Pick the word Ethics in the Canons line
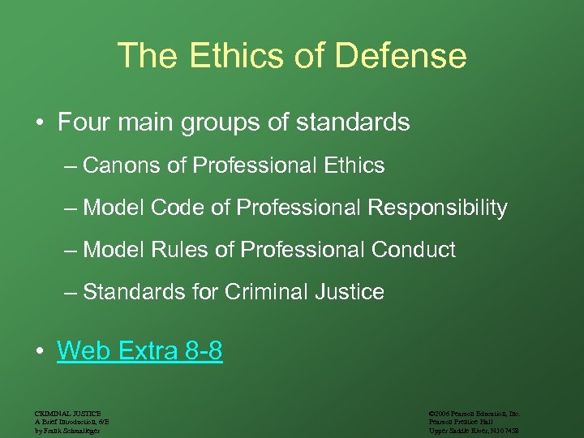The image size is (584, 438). (x=351, y=165)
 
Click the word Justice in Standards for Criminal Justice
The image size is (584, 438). (x=350, y=292)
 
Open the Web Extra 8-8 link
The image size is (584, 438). (x=140, y=351)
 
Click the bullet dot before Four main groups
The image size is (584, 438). (x=39, y=124)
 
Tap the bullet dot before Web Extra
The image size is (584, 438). (x=39, y=352)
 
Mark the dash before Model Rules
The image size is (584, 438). (x=71, y=250)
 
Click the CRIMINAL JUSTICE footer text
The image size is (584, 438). (x=69, y=413)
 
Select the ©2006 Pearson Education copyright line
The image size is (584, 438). (x=473, y=413)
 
